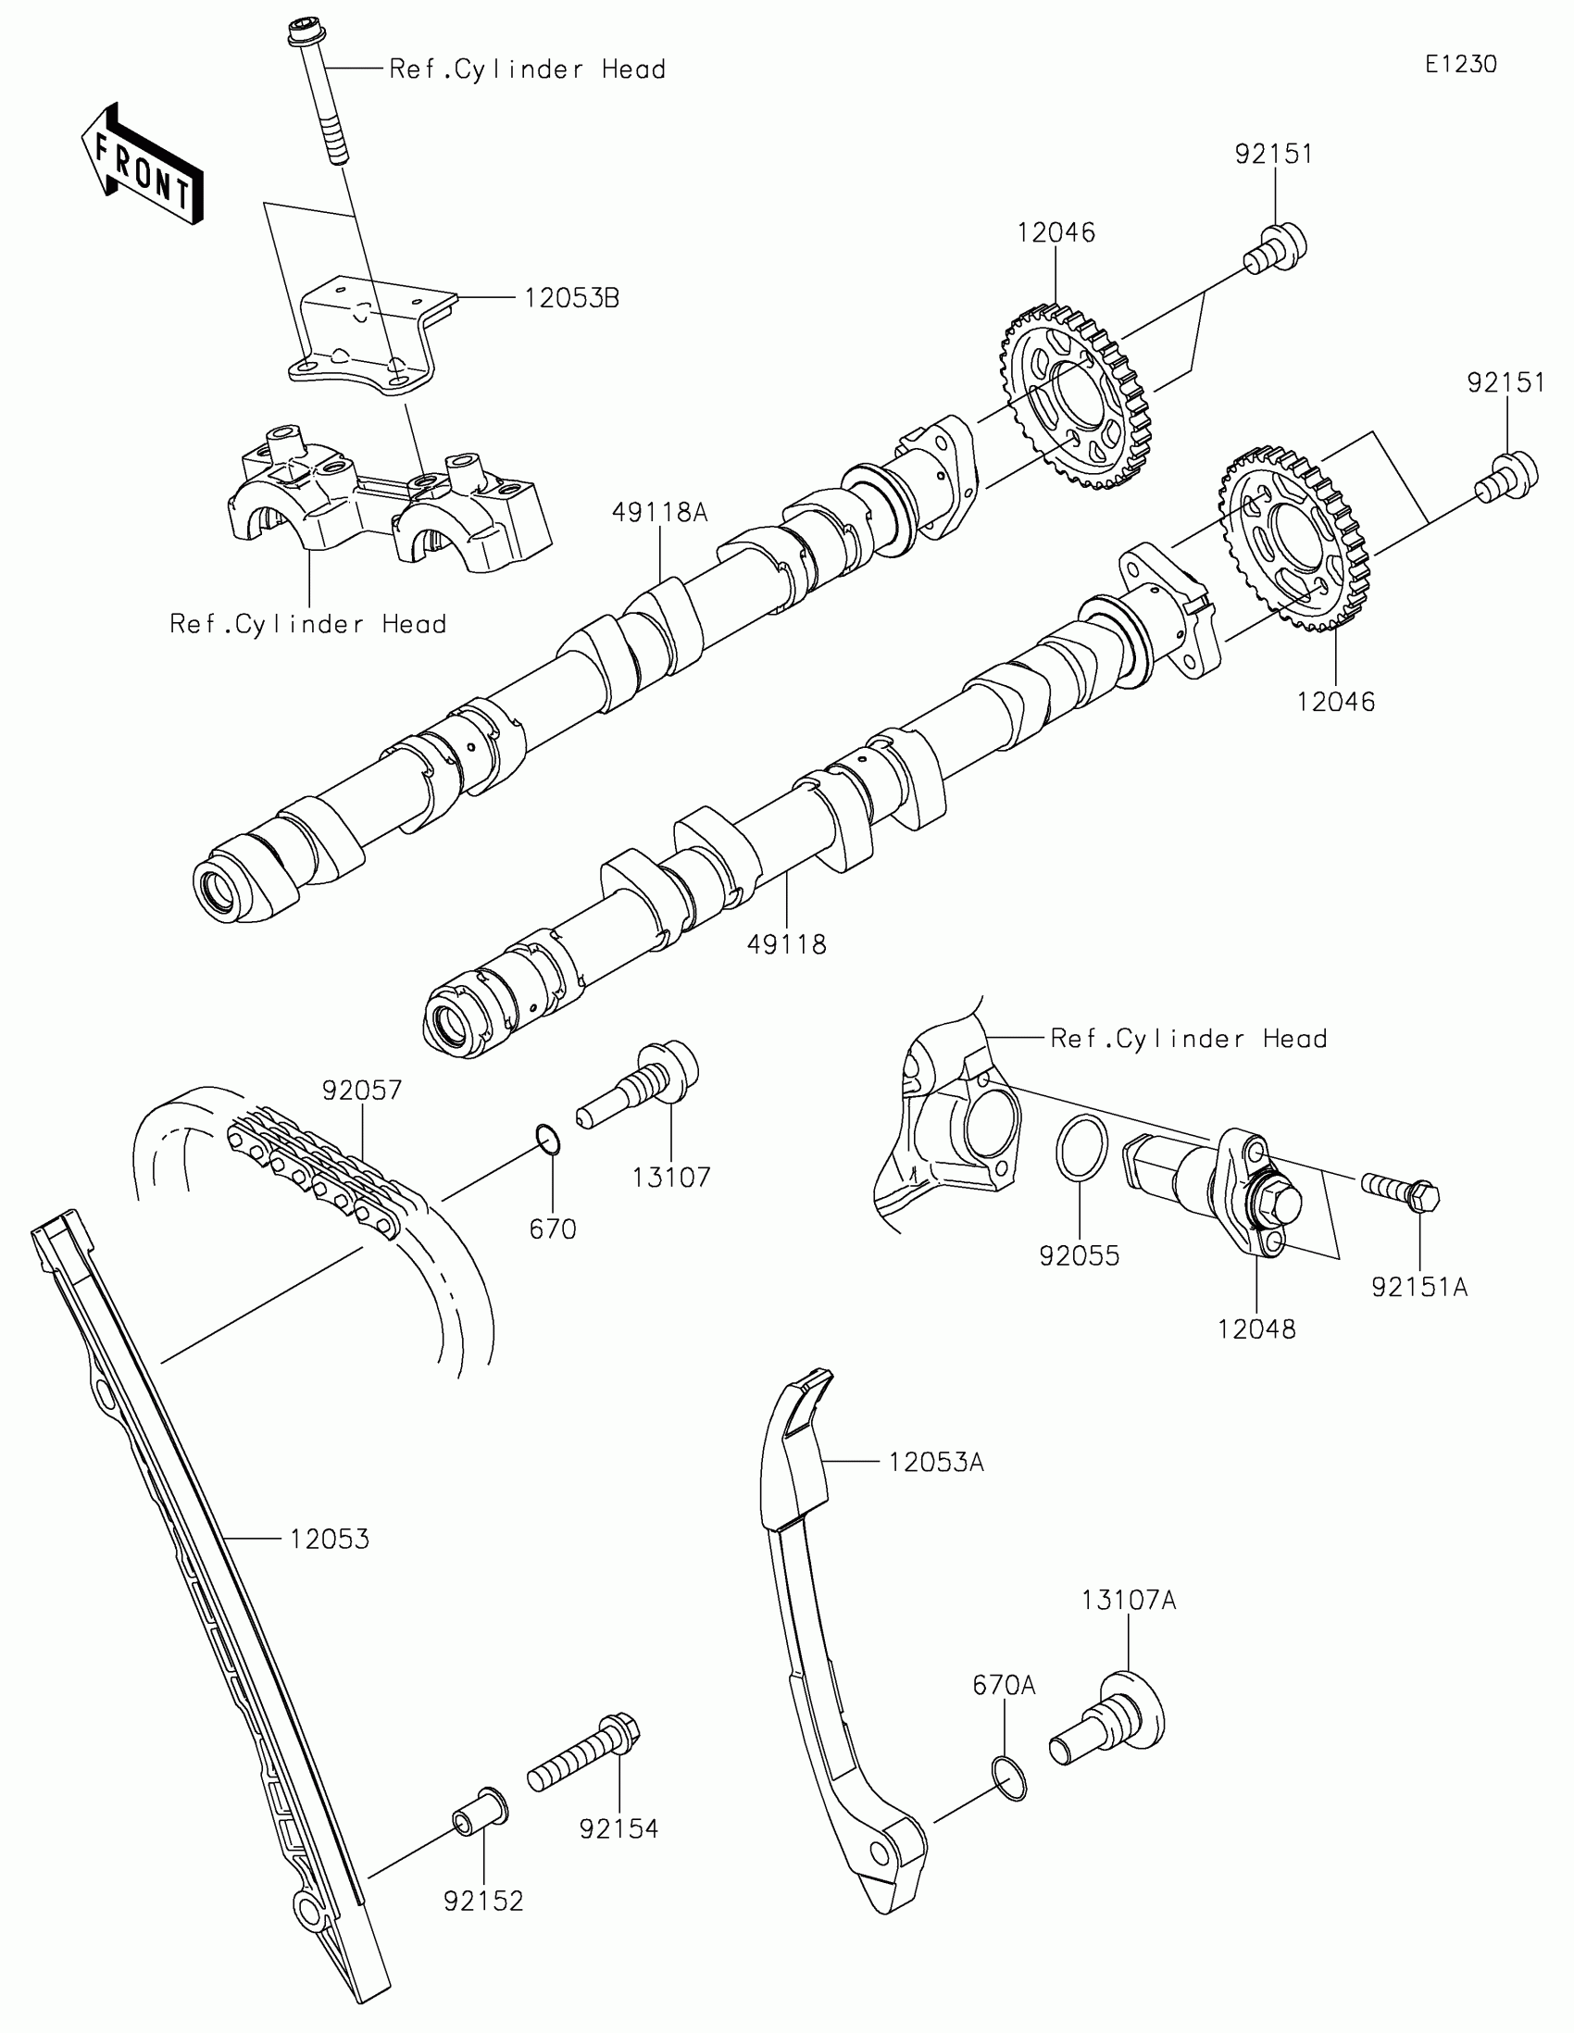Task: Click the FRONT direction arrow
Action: (143, 164)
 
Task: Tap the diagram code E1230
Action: (1460, 64)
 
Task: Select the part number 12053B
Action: (571, 299)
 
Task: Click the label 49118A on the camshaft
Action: (660, 512)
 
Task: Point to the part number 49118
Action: (786, 945)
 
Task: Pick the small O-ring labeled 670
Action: (549, 1140)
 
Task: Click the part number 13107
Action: (671, 1178)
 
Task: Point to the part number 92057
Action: (362, 1090)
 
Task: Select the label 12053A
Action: (935, 1463)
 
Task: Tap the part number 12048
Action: (1256, 1329)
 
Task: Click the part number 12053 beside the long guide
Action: (329, 1540)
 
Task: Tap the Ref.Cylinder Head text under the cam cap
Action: (308, 624)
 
